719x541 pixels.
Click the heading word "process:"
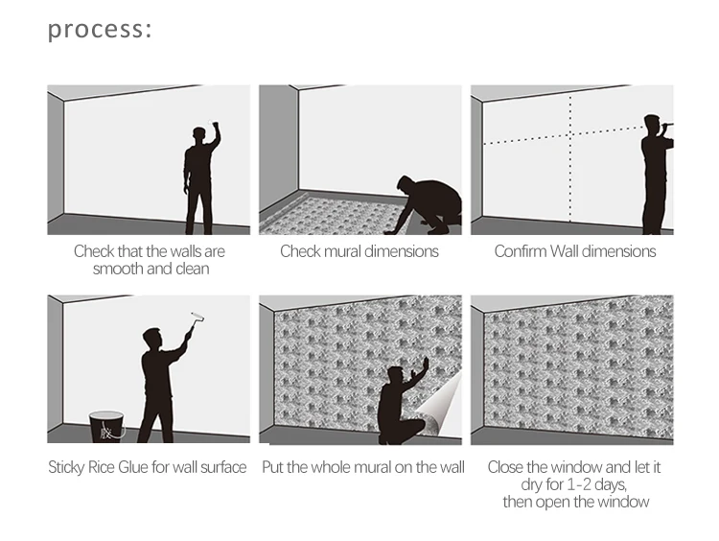[x=100, y=30]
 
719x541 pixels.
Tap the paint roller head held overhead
[x=197, y=317]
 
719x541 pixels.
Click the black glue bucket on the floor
[x=106, y=426]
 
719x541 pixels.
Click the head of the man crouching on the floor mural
[x=406, y=184]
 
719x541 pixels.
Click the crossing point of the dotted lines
[x=570, y=135]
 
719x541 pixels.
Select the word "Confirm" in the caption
[x=521, y=251]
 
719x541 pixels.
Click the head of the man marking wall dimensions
[x=652, y=125]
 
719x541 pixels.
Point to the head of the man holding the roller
[x=151, y=340]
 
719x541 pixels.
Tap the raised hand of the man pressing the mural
[x=425, y=365]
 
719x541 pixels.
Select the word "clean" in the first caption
[x=193, y=269]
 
